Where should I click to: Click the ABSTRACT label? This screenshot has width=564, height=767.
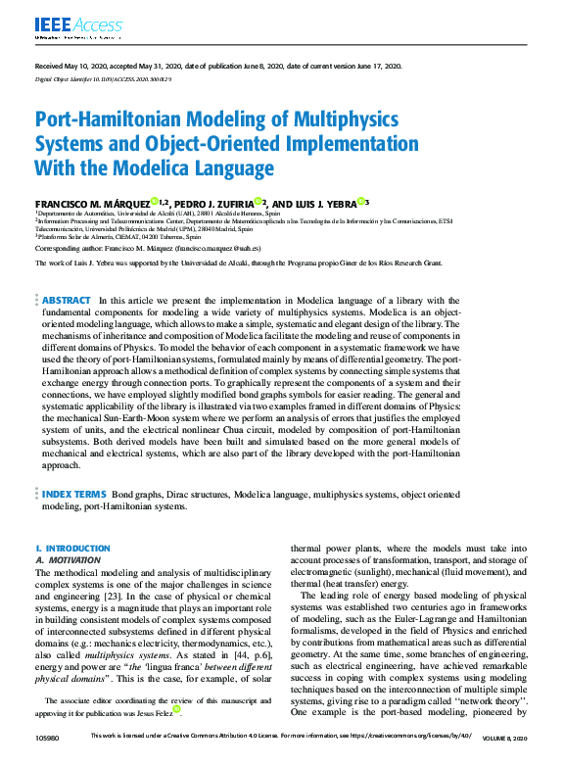[68, 300]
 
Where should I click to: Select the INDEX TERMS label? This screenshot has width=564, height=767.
[73, 495]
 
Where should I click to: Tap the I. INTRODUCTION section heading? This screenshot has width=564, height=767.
[72, 549]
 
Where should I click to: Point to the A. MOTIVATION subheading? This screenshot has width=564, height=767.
[73, 559]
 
